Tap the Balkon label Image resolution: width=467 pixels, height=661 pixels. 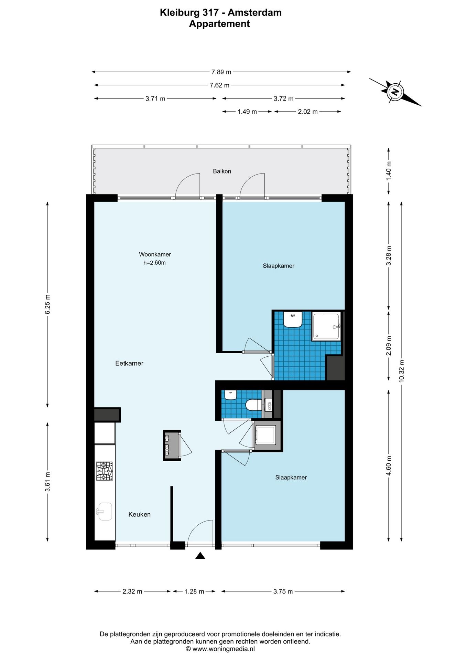pyautogui.click(x=222, y=171)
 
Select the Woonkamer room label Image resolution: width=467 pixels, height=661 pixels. pyautogui.click(x=155, y=254)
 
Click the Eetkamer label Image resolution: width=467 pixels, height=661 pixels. pyautogui.click(x=129, y=363)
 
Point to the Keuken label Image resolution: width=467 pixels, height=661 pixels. pyautogui.click(x=139, y=514)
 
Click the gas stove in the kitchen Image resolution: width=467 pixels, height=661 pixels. pyautogui.click(x=104, y=471)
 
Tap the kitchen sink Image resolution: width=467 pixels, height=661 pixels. pyautogui.click(x=104, y=512)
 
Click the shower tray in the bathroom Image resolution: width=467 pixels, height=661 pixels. pyautogui.click(x=326, y=326)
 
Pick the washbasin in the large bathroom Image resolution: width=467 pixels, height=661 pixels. pyautogui.click(x=293, y=319)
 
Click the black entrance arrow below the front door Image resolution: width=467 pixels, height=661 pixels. pyautogui.click(x=200, y=556)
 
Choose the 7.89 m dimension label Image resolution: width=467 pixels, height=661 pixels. pyautogui.click(x=221, y=72)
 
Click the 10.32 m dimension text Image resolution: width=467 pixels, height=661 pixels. pyautogui.click(x=401, y=371)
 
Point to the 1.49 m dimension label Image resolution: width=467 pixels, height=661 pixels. pyautogui.click(x=247, y=112)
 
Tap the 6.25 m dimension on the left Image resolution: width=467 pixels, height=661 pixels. pyautogui.click(x=48, y=304)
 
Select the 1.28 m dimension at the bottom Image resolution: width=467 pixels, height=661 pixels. pyautogui.click(x=194, y=591)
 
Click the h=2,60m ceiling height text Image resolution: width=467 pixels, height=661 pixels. pyautogui.click(x=154, y=263)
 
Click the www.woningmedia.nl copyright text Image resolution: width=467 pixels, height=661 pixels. pyautogui.click(x=220, y=649)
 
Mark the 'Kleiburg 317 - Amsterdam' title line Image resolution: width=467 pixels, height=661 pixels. pyautogui.click(x=221, y=12)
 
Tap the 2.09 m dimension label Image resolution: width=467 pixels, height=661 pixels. pyautogui.click(x=389, y=346)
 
